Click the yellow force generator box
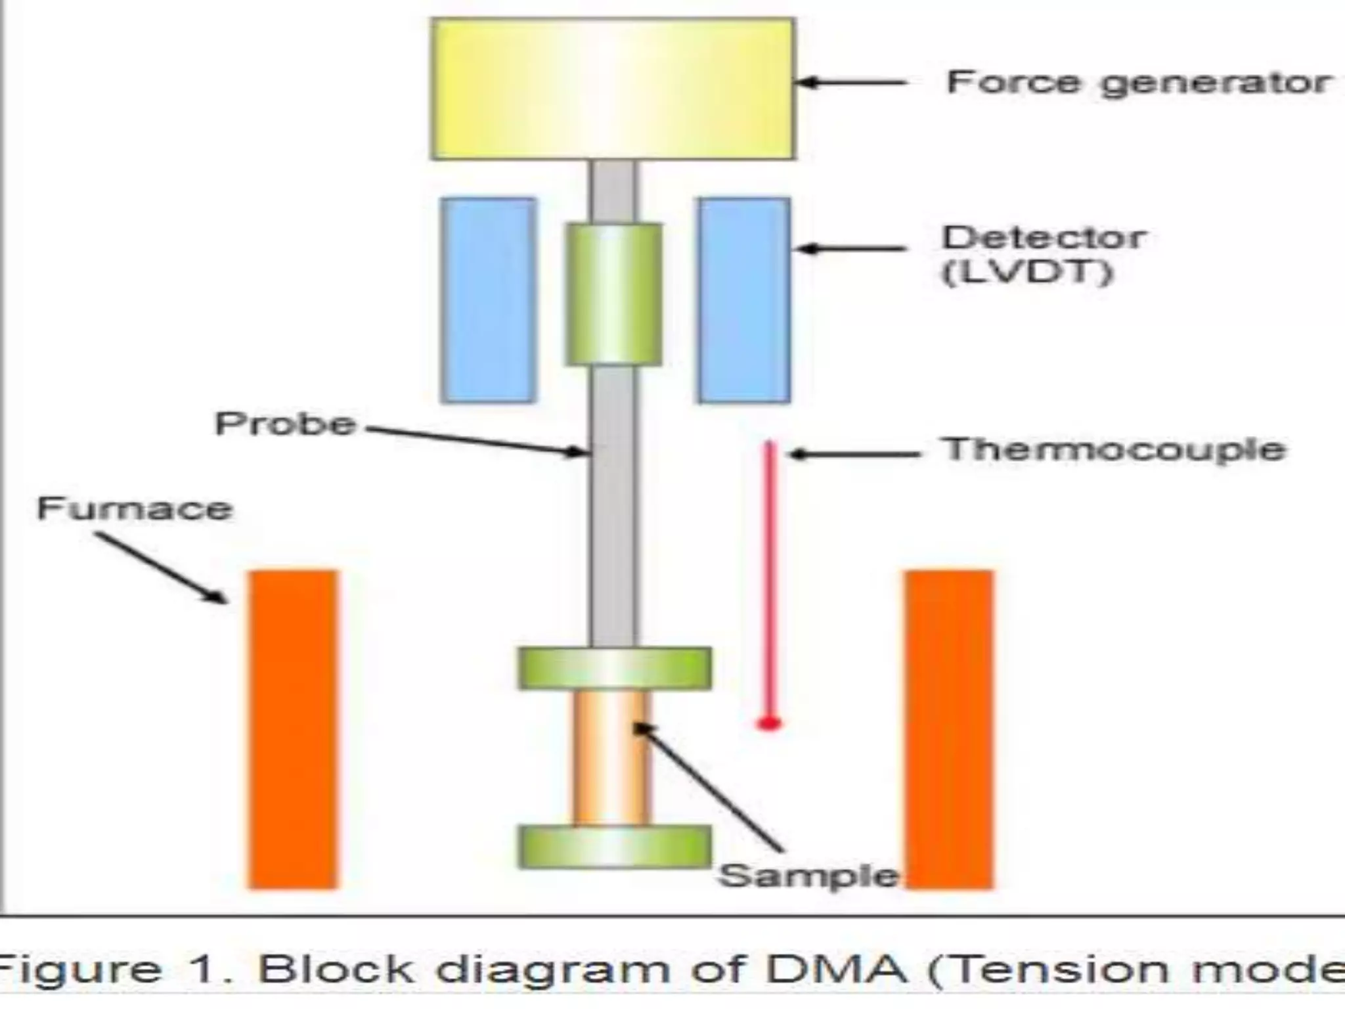click(x=613, y=89)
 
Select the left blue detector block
click(x=488, y=300)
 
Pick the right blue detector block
click(x=744, y=300)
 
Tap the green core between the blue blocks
click(x=614, y=294)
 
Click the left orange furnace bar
click(x=293, y=729)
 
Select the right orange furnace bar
click(x=950, y=729)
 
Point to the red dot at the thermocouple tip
click(x=769, y=723)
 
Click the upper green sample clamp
click(x=615, y=668)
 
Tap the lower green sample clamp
click(x=615, y=847)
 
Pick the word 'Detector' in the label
click(x=1044, y=238)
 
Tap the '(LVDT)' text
click(x=1028, y=271)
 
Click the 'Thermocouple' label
click(x=1114, y=450)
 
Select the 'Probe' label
click(x=285, y=424)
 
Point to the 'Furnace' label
click(x=135, y=509)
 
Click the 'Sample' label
click(x=808, y=876)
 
